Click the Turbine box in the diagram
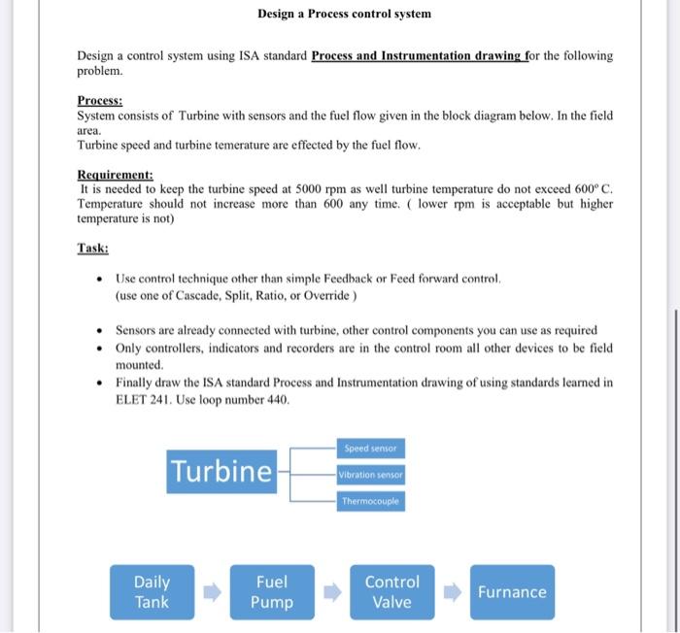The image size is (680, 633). (x=221, y=472)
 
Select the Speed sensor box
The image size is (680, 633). (x=371, y=449)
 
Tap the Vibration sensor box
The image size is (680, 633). (x=371, y=476)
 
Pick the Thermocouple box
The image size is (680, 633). (x=371, y=502)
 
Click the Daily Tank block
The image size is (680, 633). (x=152, y=592)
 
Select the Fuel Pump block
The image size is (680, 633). (x=271, y=592)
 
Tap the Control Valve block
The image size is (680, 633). (x=391, y=592)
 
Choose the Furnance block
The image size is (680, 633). (x=512, y=592)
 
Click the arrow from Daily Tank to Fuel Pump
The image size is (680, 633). (x=212, y=592)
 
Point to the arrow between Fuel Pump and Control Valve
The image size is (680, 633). (x=332, y=592)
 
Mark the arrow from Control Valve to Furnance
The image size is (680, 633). (x=452, y=592)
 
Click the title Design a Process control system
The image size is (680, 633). (x=344, y=15)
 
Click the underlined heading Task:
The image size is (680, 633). (x=92, y=248)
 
